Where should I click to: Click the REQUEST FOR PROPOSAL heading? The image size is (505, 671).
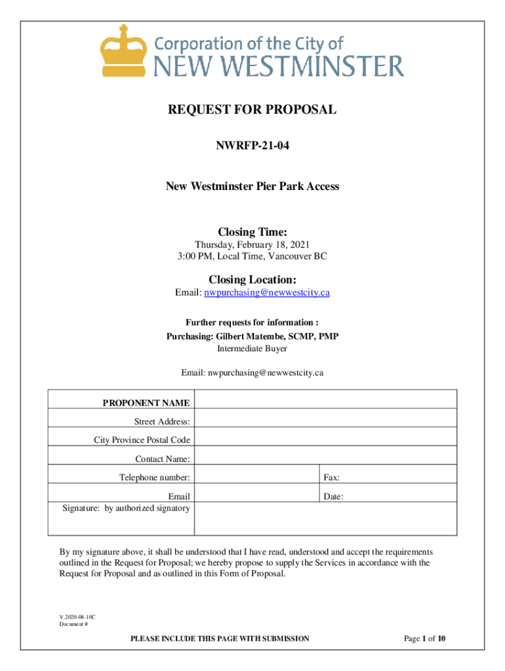[x=253, y=110]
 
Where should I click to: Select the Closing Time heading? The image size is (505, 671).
[x=253, y=232]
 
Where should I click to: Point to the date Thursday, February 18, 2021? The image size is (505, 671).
[x=252, y=245]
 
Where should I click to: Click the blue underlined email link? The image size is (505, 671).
[x=267, y=293]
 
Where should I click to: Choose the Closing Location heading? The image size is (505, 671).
[x=253, y=280]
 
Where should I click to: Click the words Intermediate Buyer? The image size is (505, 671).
[x=252, y=349]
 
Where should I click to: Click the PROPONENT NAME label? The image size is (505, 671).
[x=146, y=403]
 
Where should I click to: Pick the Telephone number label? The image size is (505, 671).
[x=155, y=478]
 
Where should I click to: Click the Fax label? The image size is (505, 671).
[x=331, y=478]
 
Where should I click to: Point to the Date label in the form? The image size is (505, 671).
[x=333, y=497]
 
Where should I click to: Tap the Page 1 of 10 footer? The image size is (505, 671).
[x=425, y=639]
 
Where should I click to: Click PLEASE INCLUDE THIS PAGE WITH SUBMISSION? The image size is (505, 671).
[x=220, y=639]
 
